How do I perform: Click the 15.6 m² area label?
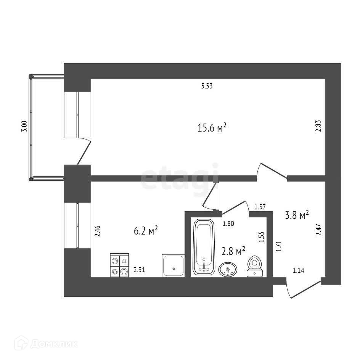pyautogui.click(x=212, y=127)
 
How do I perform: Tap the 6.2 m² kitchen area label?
pyautogui.click(x=146, y=231)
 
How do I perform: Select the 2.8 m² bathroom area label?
pyautogui.click(x=233, y=251)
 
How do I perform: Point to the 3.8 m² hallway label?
pyautogui.click(x=297, y=215)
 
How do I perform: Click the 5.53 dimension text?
pyautogui.click(x=207, y=86)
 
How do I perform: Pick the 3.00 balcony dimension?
pyautogui.click(x=24, y=126)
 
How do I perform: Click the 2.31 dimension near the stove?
pyautogui.click(x=139, y=270)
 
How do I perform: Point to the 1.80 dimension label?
pyautogui.click(x=228, y=224)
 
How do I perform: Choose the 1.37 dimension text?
pyautogui.click(x=260, y=207)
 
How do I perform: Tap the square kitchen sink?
pyautogui.click(x=174, y=265)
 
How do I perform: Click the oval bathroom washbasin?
pyautogui.click(x=228, y=269)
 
